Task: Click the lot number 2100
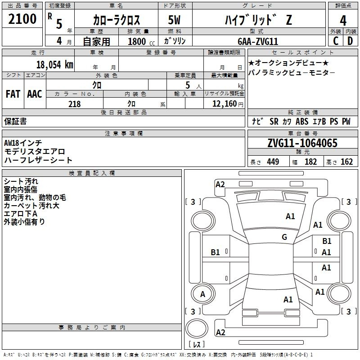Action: (22, 19)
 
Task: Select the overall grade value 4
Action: (343, 21)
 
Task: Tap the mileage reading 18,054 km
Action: (54, 64)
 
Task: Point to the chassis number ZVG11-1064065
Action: (302, 143)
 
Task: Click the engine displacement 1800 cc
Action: (141, 41)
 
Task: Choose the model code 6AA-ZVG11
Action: (258, 41)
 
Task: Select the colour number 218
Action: (74, 104)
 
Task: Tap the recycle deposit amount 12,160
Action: (224, 104)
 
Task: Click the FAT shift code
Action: (13, 94)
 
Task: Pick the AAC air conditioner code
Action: (35, 94)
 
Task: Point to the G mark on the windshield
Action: (284, 237)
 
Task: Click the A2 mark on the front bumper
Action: (220, 184)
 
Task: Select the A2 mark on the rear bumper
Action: (220, 332)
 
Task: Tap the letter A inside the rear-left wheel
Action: (202, 294)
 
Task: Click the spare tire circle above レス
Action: (197, 328)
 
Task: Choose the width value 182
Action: (310, 162)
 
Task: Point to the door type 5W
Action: (174, 20)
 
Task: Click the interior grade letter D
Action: (350, 41)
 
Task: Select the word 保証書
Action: (15, 121)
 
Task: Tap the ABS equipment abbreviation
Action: (302, 121)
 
